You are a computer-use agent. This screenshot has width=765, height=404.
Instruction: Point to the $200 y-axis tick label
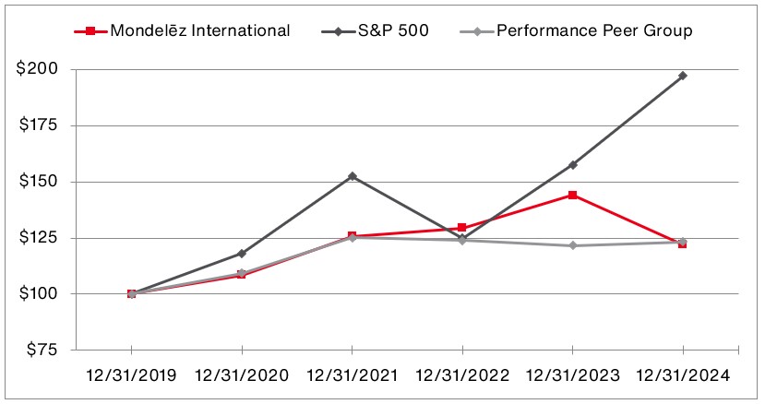click(x=38, y=70)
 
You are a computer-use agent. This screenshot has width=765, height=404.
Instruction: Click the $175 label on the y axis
click(x=38, y=126)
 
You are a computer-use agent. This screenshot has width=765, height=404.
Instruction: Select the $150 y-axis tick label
click(x=38, y=182)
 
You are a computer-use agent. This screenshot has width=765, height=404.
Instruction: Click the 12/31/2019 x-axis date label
click(x=131, y=375)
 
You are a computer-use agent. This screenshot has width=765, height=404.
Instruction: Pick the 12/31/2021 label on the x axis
click(x=352, y=375)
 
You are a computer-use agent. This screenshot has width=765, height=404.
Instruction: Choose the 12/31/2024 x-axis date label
click(x=683, y=375)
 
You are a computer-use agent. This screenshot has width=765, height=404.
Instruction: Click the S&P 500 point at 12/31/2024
click(x=683, y=76)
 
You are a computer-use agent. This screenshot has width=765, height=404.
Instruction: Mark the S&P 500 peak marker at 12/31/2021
click(x=352, y=176)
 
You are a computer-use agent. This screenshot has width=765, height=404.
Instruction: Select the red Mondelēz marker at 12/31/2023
click(x=572, y=196)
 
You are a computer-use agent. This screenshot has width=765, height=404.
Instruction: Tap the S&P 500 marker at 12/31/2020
click(x=242, y=253)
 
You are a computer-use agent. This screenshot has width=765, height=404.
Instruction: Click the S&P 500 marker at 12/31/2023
click(x=572, y=164)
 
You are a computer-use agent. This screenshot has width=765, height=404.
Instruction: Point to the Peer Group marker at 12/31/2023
click(x=572, y=245)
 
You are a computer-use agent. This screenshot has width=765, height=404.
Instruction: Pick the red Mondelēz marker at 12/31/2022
click(x=461, y=228)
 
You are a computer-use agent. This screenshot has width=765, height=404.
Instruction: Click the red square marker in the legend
click(x=90, y=31)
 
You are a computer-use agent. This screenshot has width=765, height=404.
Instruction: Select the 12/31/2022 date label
click(x=461, y=375)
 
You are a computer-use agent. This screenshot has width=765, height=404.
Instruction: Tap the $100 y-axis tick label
click(x=38, y=294)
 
